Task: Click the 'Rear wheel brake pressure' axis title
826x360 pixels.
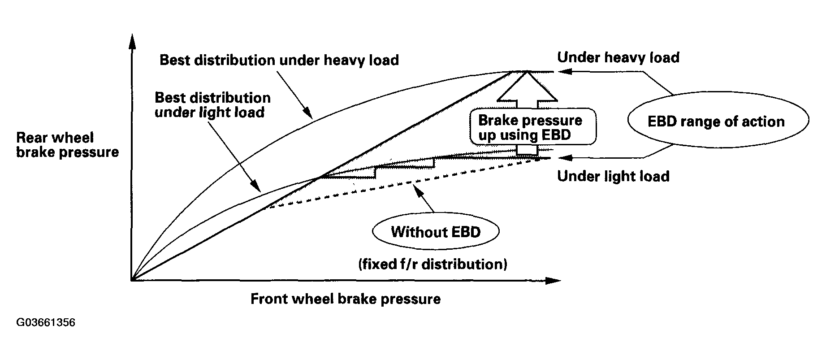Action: pos(67,145)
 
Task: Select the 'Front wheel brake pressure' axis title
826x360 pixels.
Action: pos(345,299)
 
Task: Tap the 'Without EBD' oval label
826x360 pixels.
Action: pos(436,232)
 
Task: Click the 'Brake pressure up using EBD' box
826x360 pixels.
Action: pos(533,127)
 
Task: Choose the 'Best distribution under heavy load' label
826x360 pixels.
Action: pos(279,60)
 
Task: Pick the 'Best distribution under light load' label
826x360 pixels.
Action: pos(212,105)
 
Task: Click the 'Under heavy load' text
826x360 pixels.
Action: pos(618,57)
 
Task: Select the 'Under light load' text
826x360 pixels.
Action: pos(613,176)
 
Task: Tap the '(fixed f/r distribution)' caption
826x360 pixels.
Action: pos(432,264)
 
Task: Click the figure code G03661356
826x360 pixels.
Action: pos(45,323)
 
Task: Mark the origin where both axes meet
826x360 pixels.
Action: pos(131,281)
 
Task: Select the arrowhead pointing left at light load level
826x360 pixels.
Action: pos(566,158)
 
